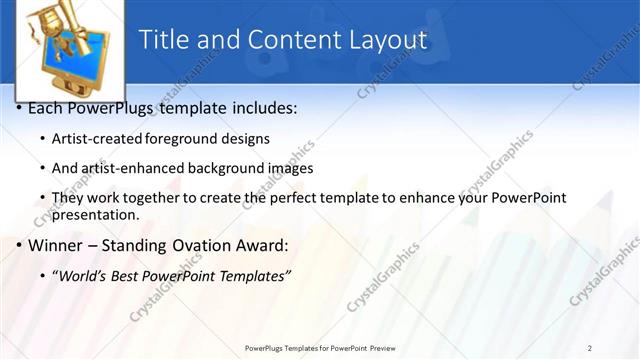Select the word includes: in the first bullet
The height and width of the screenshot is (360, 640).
[x=261, y=107]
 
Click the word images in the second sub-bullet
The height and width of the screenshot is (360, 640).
[x=290, y=168]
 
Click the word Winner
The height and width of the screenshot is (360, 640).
[x=58, y=245]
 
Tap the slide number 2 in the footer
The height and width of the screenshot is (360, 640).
[x=590, y=348]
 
